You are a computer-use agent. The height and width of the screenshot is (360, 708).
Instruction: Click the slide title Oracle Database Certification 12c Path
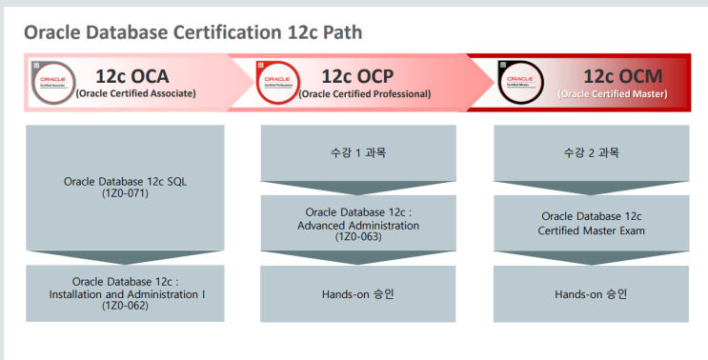[192, 32]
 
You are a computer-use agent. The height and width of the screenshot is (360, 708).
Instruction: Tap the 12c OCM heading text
[623, 76]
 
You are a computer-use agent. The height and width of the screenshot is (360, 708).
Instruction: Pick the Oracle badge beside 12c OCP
[278, 83]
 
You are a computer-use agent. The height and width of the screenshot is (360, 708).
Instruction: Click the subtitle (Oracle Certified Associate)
[135, 93]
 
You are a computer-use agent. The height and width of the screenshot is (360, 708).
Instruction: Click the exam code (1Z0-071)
[125, 192]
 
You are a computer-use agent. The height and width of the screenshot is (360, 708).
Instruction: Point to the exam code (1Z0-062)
[125, 305]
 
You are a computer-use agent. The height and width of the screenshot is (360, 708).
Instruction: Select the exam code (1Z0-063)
[359, 236]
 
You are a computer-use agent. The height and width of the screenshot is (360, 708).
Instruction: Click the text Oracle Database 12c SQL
[125, 180]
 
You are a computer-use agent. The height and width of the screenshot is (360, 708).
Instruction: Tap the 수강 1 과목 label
[359, 152]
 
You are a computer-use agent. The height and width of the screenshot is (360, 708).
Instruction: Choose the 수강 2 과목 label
[592, 152]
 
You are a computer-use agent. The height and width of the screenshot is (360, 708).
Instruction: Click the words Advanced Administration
[359, 224]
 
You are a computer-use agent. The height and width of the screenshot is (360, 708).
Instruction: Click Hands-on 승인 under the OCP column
[359, 293]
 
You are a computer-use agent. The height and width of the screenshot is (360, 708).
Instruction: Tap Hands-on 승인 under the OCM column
[592, 293]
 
